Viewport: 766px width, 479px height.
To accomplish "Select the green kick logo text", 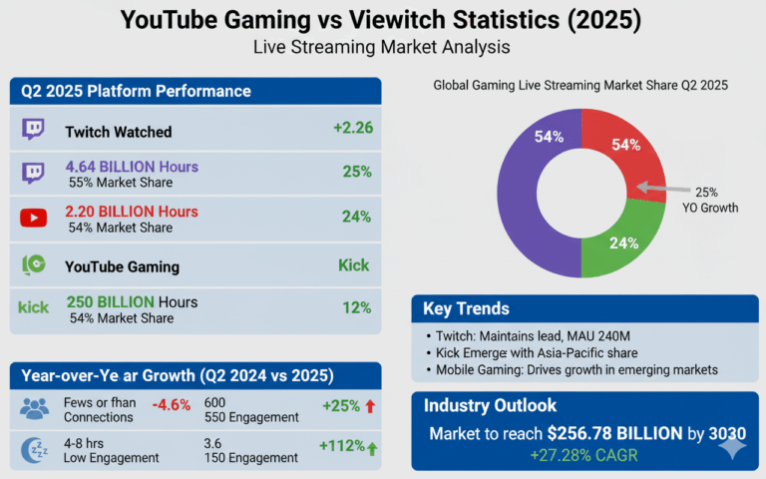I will point(33,307).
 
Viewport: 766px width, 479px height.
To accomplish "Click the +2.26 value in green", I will point(352,128).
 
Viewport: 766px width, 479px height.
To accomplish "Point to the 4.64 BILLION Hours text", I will point(132,167).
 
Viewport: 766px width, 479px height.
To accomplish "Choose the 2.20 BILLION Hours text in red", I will point(132,212).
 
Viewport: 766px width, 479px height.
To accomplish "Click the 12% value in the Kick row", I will point(356,307).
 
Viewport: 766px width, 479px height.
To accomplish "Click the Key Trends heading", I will point(466,308).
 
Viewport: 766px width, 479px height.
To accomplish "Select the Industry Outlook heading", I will point(491,406).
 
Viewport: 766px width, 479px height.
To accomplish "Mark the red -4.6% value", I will point(172,405).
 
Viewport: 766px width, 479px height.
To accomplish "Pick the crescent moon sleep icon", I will point(34,450).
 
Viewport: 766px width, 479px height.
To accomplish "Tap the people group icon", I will point(34,406).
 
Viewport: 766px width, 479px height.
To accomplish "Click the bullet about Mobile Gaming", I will point(576,369).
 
